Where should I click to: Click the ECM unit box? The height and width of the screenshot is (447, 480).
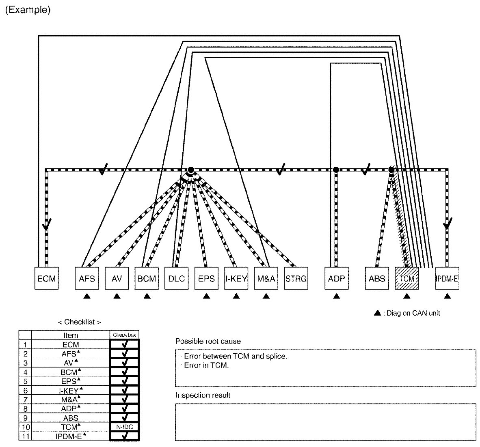tap(46, 279)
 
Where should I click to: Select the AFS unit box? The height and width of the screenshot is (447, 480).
tap(87, 279)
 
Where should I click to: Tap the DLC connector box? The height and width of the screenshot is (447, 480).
tap(177, 279)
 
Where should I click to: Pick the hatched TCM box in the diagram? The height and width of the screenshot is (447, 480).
tap(407, 279)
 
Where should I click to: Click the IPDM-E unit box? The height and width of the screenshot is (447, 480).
tap(447, 279)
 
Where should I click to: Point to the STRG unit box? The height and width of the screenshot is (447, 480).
tap(296, 279)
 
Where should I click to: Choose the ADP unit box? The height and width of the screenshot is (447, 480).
tap(336, 279)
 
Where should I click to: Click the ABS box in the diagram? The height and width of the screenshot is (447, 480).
tap(377, 279)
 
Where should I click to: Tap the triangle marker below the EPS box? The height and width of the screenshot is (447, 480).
tap(206, 297)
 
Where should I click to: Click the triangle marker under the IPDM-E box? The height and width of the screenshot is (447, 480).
tap(447, 297)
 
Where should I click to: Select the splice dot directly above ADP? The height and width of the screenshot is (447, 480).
tap(336, 170)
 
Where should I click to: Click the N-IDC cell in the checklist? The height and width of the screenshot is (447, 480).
tap(124, 427)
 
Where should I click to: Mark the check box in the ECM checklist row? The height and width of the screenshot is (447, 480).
tap(124, 344)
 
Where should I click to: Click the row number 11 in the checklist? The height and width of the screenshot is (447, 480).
tap(25, 436)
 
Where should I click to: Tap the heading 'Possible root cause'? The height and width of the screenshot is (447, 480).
tap(208, 341)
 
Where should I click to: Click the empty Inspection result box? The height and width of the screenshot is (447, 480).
tap(325, 422)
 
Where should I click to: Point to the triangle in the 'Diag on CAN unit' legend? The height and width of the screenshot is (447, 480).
tap(377, 313)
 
